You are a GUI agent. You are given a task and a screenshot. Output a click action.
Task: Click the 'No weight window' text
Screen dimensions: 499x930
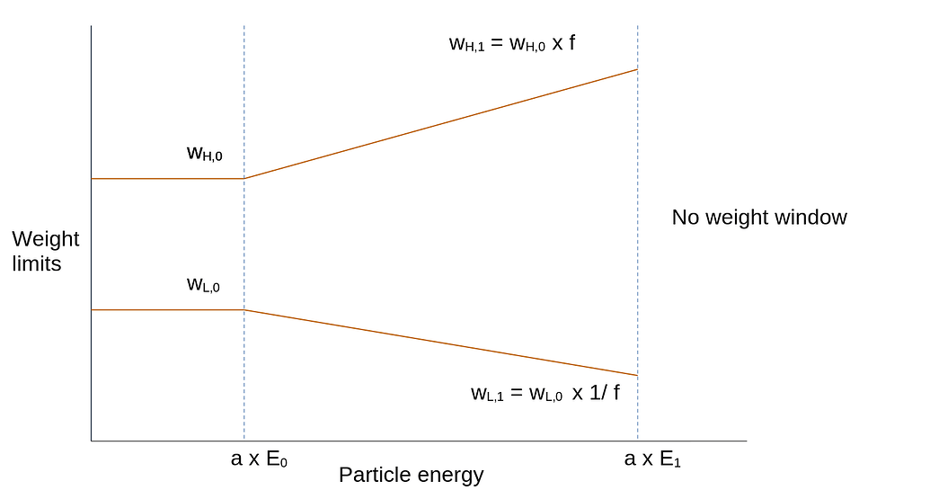[759, 217]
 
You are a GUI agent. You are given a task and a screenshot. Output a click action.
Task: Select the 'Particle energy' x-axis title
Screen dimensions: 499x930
[411, 475]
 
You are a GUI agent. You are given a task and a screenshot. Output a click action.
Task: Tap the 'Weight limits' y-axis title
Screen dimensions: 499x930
[45, 252]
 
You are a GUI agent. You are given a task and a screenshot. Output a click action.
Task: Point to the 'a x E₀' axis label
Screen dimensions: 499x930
[260, 459]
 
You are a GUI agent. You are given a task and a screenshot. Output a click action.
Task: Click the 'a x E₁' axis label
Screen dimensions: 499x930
[653, 459]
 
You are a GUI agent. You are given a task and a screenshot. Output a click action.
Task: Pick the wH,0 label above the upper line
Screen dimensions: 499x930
[204, 153]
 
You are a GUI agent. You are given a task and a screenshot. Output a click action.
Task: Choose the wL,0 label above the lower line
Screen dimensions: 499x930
[203, 285]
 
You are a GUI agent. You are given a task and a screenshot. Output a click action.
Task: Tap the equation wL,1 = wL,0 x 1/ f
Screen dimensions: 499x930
[545, 393]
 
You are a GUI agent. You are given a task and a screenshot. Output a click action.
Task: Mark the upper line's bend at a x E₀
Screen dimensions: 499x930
[244, 179]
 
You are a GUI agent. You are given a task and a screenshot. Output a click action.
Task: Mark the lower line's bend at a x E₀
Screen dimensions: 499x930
[244, 309]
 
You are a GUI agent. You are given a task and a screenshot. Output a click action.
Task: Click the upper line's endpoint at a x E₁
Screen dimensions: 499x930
[637, 69]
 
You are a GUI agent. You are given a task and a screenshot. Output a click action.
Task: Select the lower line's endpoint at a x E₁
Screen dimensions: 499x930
[637, 375]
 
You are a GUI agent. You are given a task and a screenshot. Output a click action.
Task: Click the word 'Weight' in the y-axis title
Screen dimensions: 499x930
[45, 239]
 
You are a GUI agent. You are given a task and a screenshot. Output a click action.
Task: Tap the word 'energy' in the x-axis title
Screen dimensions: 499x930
[449, 476]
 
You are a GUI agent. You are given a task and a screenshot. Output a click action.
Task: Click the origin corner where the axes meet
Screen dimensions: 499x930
[91, 441]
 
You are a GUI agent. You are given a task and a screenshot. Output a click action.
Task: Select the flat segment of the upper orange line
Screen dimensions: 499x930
[167, 179]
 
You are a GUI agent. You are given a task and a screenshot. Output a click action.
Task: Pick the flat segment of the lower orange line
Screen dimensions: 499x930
[167, 309]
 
